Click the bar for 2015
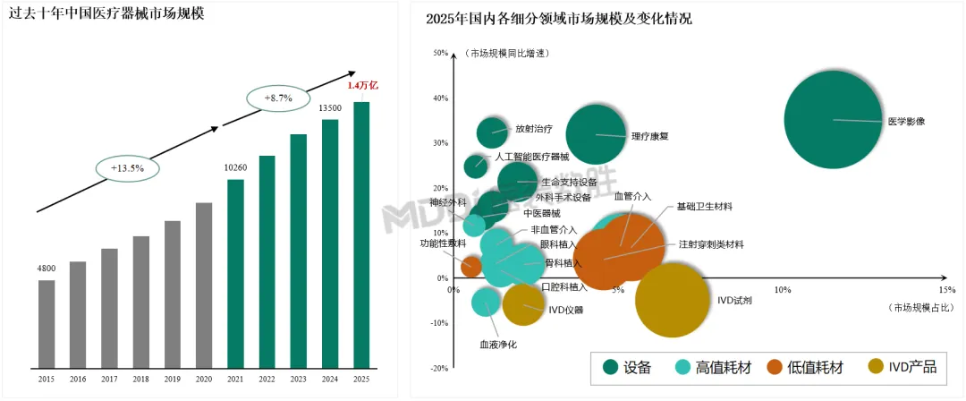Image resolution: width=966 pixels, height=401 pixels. [x=47, y=324]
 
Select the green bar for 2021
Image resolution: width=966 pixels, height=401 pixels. [x=235, y=274]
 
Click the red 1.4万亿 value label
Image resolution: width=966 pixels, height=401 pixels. [x=363, y=86]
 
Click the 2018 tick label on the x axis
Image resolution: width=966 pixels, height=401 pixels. [x=140, y=380]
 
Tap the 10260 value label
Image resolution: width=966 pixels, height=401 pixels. [x=235, y=167]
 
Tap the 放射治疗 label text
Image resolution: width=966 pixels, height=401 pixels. [x=533, y=128]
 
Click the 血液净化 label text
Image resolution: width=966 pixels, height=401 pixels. [x=498, y=344]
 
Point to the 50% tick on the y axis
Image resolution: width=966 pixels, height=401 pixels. [x=441, y=53]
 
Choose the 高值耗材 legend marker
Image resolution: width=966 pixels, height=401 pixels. [x=682, y=367]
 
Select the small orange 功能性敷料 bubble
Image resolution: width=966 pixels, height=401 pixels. [x=471, y=266]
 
